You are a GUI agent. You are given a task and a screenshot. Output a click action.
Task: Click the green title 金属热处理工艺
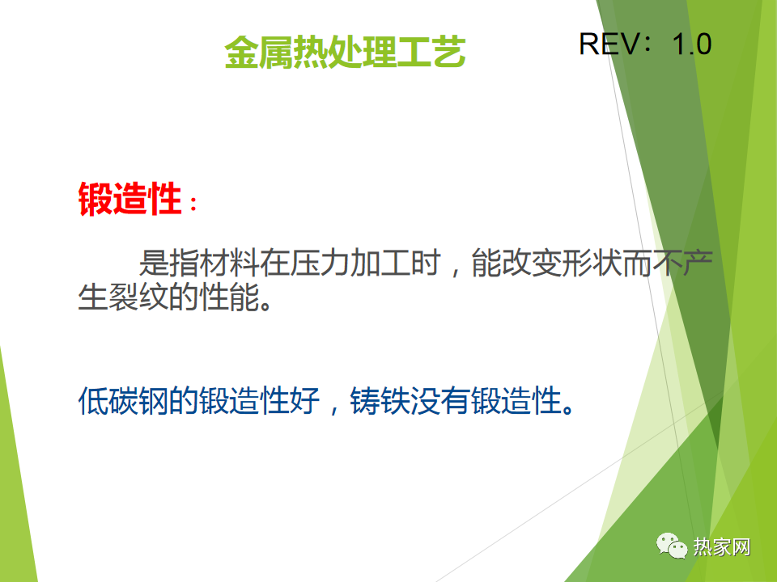click(x=345, y=52)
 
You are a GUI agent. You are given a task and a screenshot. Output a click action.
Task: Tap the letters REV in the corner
click(x=609, y=44)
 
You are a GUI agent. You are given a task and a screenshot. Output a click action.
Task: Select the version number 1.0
click(x=692, y=44)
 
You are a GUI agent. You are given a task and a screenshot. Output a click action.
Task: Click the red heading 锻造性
click(x=129, y=199)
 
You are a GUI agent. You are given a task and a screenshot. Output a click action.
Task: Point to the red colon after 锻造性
click(x=193, y=204)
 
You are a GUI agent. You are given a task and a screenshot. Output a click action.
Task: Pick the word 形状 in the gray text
click(x=592, y=262)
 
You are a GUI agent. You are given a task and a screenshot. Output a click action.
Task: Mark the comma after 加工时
click(x=455, y=272)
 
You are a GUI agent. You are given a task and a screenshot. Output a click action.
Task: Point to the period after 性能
click(x=265, y=305)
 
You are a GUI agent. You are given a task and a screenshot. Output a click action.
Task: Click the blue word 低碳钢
click(x=123, y=400)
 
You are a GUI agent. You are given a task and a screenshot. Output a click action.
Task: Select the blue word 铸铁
click(x=380, y=400)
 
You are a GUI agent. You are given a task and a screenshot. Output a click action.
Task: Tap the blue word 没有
click(x=440, y=400)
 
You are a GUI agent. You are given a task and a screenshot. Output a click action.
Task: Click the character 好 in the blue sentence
click(x=305, y=400)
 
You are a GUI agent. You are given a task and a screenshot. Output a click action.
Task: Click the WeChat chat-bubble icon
click(x=672, y=546)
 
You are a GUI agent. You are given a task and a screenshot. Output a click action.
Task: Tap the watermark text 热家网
click(x=721, y=547)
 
